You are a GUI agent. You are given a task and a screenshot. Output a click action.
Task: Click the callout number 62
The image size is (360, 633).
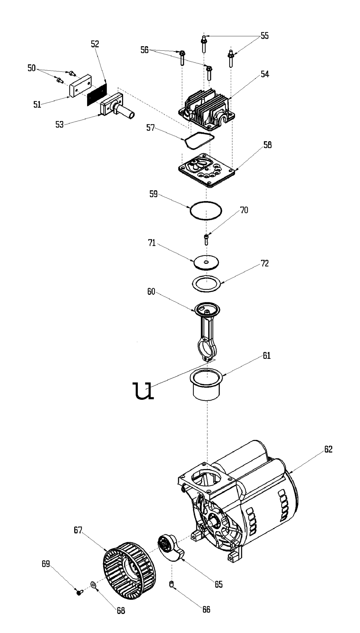[x=328, y=449]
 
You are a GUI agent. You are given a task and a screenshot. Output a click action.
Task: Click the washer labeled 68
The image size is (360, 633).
[x=93, y=584]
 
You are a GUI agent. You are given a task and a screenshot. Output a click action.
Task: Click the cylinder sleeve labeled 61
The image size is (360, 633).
[x=207, y=383]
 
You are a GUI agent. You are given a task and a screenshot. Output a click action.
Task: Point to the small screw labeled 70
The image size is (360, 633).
[x=206, y=240]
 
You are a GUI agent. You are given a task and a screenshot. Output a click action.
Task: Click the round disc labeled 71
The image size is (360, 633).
[x=206, y=262]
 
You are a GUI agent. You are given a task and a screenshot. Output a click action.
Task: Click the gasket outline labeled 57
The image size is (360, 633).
[x=199, y=141]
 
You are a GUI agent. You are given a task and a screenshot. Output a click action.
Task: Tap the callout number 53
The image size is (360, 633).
[x=59, y=124]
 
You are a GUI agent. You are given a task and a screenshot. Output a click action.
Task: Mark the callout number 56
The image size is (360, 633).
[x=144, y=50]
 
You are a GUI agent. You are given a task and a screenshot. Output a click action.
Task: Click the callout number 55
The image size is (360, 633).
[x=265, y=36]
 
